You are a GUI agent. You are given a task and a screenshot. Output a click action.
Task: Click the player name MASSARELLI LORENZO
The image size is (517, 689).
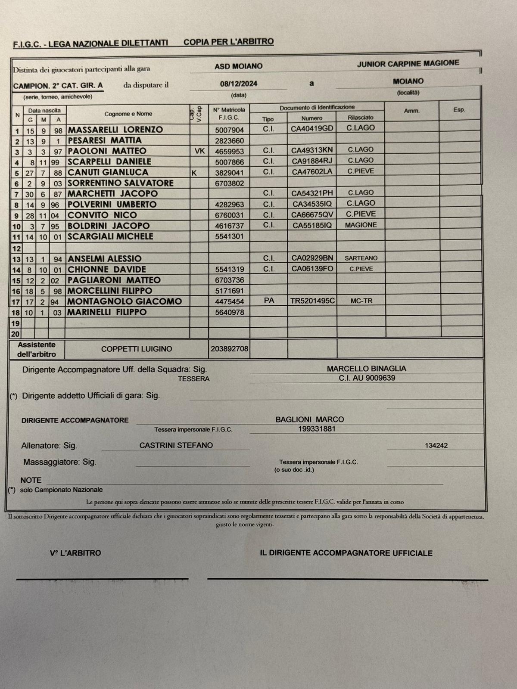(x=115, y=130)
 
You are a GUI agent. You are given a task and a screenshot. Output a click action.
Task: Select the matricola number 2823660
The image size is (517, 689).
(x=229, y=141)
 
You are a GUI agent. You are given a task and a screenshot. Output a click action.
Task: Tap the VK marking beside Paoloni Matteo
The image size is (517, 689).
(x=199, y=151)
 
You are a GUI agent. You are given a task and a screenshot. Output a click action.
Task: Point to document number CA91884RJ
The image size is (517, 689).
(x=312, y=161)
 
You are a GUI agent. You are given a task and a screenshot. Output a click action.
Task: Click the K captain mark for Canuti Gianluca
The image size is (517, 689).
(x=194, y=172)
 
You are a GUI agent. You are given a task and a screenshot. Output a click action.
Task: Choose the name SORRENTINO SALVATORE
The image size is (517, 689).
(x=121, y=183)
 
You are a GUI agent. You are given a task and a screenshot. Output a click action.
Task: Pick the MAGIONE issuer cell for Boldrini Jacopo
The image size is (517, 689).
(x=361, y=225)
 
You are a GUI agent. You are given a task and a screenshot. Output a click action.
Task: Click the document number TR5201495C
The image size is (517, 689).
(x=313, y=301)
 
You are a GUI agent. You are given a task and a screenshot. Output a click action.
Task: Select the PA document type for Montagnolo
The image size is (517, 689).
(x=268, y=301)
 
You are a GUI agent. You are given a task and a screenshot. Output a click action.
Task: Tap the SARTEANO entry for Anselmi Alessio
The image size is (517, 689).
(x=361, y=258)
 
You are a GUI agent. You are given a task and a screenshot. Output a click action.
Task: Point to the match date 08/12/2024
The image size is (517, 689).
(x=238, y=84)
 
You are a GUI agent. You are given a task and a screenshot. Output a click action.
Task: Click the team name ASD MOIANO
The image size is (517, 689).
(x=238, y=66)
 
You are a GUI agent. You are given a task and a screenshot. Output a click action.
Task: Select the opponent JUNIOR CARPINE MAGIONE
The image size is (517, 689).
(x=408, y=63)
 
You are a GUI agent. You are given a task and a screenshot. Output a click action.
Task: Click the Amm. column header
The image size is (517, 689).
(x=411, y=111)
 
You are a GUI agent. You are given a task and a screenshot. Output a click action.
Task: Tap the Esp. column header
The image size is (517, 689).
(x=459, y=110)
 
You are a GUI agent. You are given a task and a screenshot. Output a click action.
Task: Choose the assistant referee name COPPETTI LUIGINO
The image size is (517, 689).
(x=136, y=349)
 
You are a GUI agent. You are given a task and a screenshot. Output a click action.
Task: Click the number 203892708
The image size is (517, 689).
(x=229, y=349)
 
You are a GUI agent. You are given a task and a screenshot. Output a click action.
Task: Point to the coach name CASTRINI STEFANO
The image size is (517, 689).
(x=176, y=445)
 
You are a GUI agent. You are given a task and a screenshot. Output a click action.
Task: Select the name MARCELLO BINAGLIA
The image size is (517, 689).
(x=366, y=369)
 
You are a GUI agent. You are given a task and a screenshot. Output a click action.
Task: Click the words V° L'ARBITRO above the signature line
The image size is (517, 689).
(x=75, y=553)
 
